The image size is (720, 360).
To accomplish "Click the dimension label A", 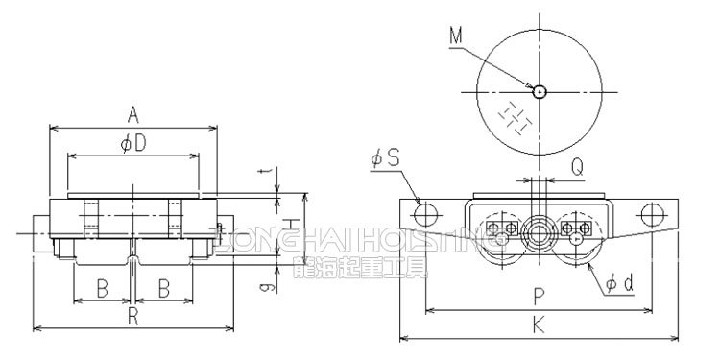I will pos(134,115).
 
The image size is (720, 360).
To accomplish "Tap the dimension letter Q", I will pos(577,166).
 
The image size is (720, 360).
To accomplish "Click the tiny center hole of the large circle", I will pos(540,92).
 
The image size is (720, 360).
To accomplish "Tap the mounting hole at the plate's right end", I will pos(653,211).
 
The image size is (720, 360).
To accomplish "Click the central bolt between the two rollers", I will pos(537,228).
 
